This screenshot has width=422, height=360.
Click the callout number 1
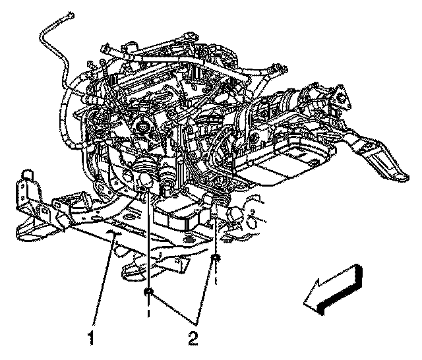point(91,338)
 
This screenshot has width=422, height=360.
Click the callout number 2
point(193,338)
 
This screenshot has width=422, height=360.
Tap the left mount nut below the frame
point(148,291)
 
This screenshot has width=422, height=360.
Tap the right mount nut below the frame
point(215,258)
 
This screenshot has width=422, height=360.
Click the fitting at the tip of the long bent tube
point(70,16)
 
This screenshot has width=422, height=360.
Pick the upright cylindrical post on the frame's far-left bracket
point(28,175)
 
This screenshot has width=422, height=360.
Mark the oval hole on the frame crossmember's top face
point(129,218)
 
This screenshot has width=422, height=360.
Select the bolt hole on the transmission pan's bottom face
point(313,162)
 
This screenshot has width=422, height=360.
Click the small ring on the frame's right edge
point(253,221)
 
